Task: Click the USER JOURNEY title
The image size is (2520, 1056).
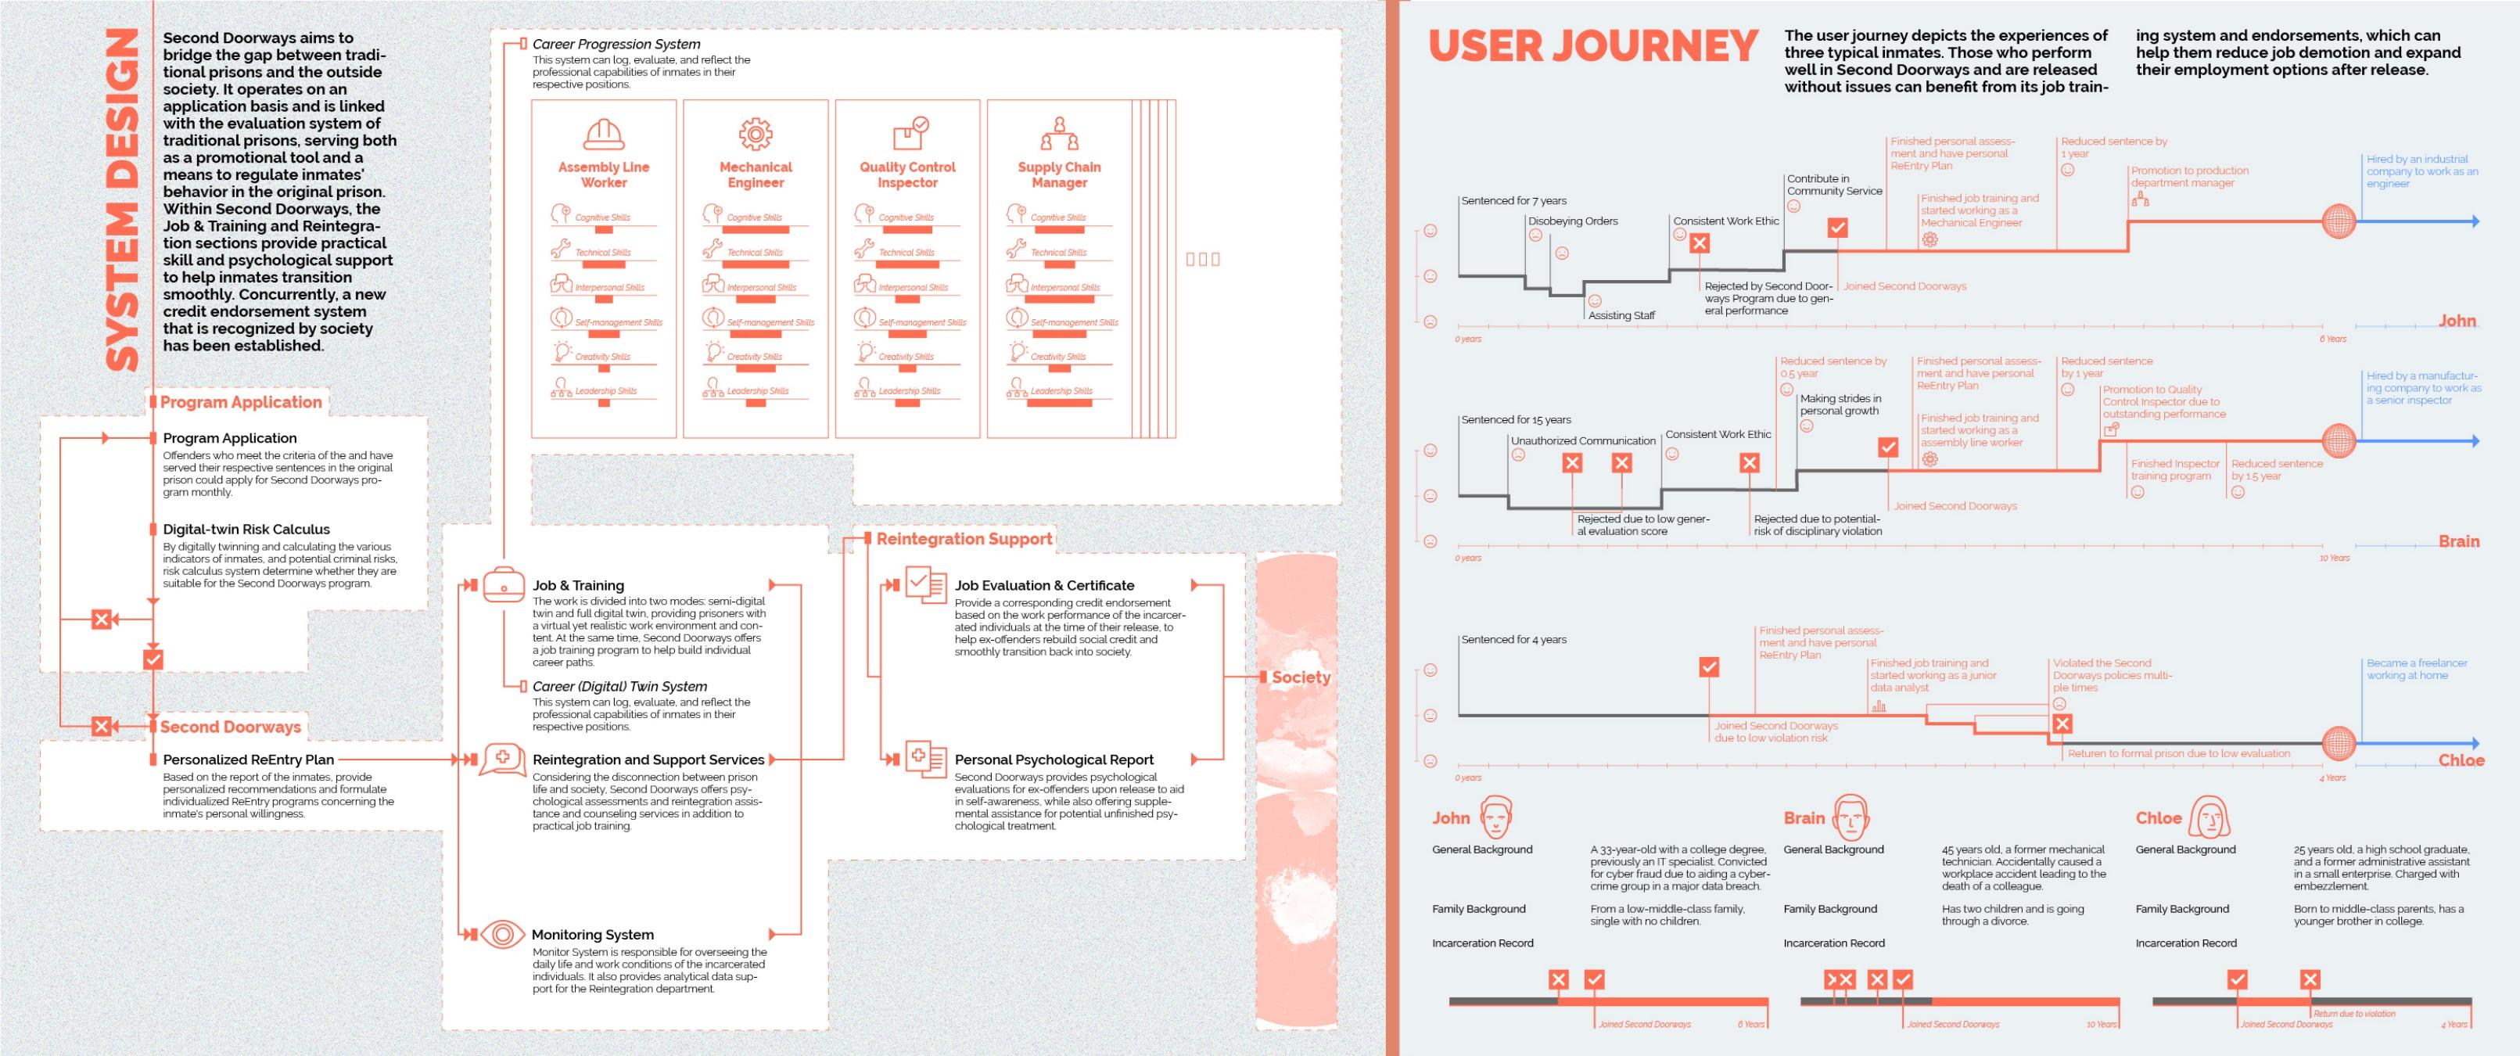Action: point(1592,46)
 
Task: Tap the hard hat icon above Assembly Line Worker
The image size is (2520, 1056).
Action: point(604,133)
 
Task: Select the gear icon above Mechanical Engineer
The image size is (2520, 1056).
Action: point(756,133)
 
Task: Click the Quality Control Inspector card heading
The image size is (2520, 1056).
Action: point(906,174)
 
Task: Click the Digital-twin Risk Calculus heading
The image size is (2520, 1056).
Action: point(246,530)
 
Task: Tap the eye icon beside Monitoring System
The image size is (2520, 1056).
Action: point(502,934)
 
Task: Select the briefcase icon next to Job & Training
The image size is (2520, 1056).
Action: point(504,584)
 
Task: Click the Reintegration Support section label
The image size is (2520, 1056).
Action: point(964,538)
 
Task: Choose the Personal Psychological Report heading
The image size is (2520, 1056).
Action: point(1054,760)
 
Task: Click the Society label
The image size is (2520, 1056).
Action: point(1300,677)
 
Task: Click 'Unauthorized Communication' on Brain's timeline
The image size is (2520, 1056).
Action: point(1583,440)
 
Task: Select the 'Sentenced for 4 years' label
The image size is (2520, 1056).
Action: point(1513,639)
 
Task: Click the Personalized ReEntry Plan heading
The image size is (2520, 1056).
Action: point(249,760)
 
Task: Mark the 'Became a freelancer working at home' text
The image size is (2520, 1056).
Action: point(2415,670)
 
